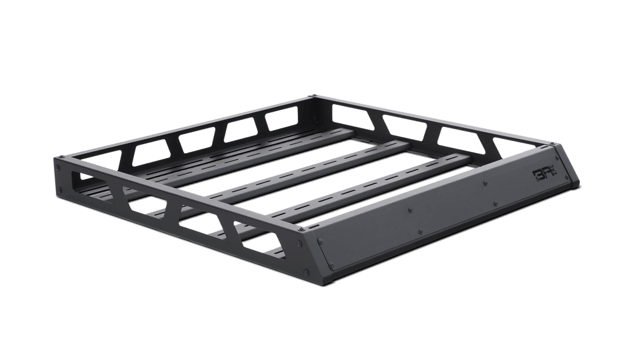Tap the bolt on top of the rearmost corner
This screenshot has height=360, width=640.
click(312, 97)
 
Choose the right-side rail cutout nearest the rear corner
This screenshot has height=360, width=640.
click(350, 114)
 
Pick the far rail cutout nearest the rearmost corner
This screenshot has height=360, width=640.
click(279, 121)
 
